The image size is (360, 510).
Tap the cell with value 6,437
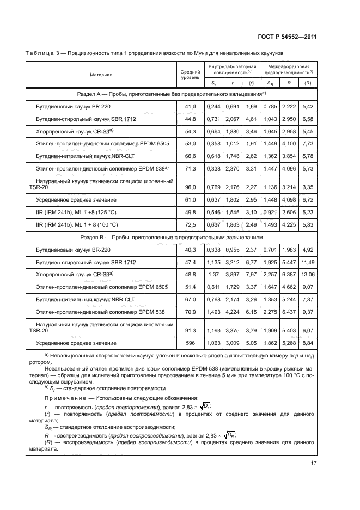click(289, 312)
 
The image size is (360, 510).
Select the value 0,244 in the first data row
click(213, 107)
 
